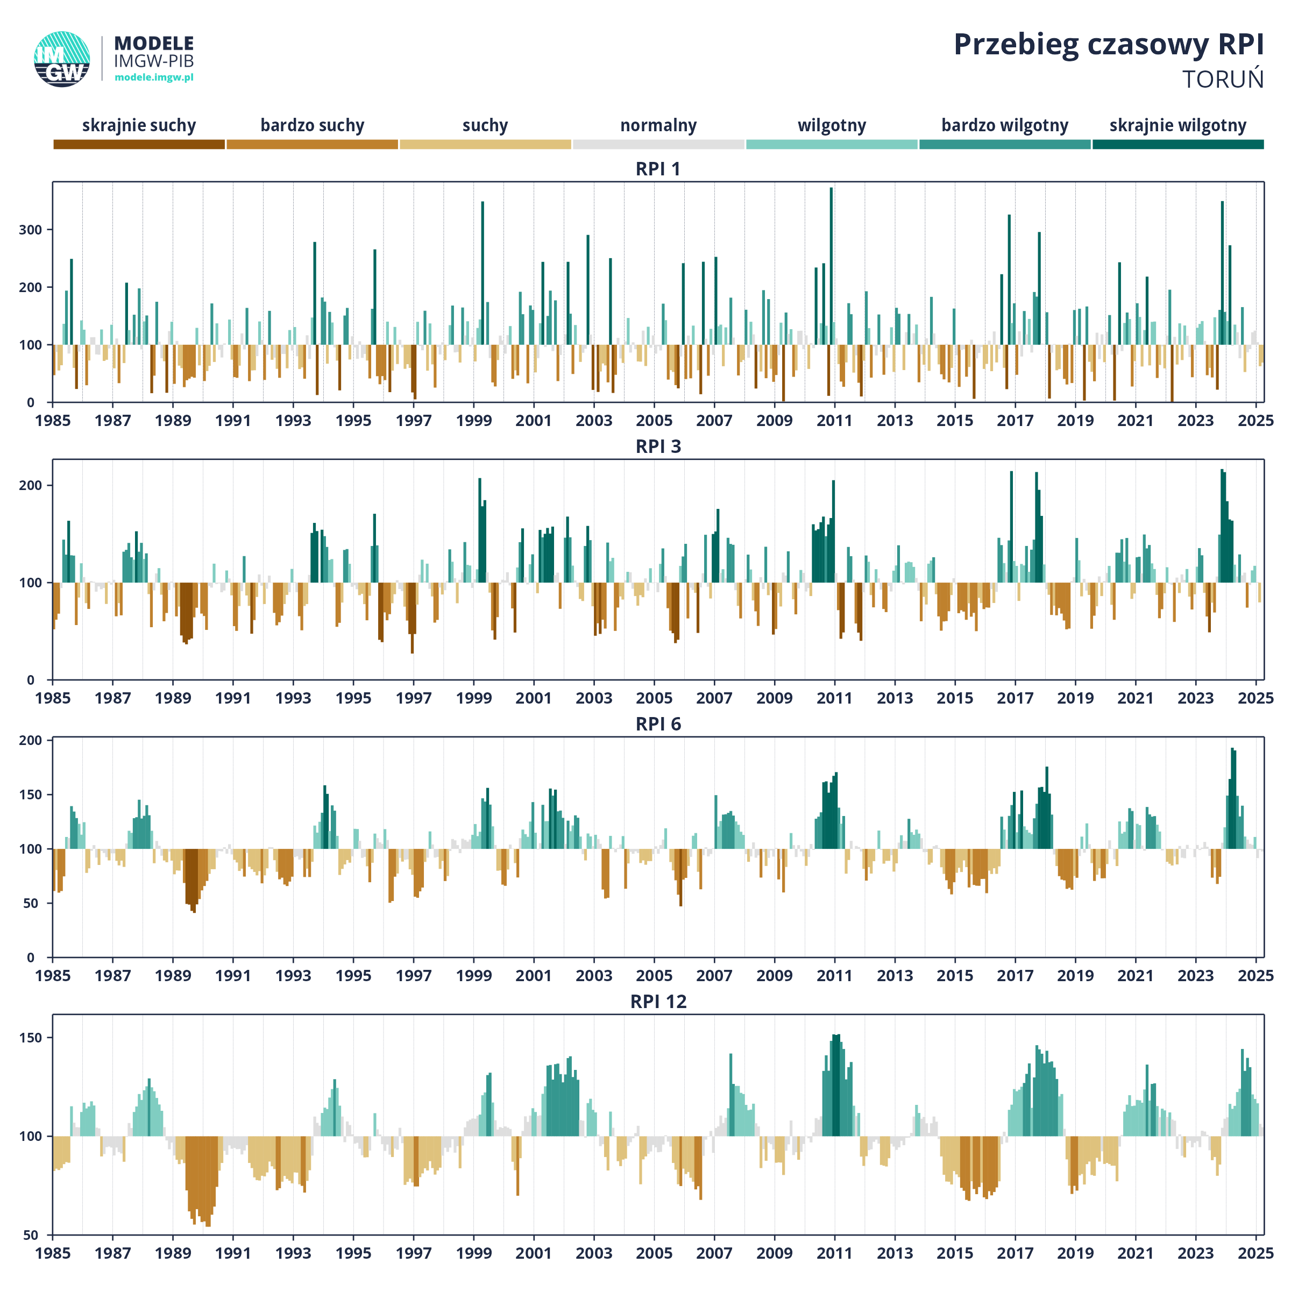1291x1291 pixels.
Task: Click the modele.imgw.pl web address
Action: tap(154, 77)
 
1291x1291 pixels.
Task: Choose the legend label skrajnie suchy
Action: tap(139, 126)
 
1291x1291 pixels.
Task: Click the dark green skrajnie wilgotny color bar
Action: tap(1178, 144)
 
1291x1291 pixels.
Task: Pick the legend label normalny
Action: tap(658, 126)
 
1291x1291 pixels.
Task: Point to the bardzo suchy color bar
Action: tap(312, 144)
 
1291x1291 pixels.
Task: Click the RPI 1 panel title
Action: tap(658, 169)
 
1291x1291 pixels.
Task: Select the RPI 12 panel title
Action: tap(658, 1002)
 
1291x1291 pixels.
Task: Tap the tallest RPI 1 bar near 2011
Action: tap(831, 266)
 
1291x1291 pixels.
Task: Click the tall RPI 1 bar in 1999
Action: tap(483, 273)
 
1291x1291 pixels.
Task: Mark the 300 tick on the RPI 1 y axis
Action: tap(31, 230)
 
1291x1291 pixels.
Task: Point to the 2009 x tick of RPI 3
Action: tap(775, 698)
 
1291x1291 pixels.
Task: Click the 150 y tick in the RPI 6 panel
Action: tap(31, 795)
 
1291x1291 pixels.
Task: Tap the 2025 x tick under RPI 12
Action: tap(1255, 1253)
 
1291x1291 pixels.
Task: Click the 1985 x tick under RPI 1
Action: tap(53, 421)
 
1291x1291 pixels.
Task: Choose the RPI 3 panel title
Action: tap(658, 446)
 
